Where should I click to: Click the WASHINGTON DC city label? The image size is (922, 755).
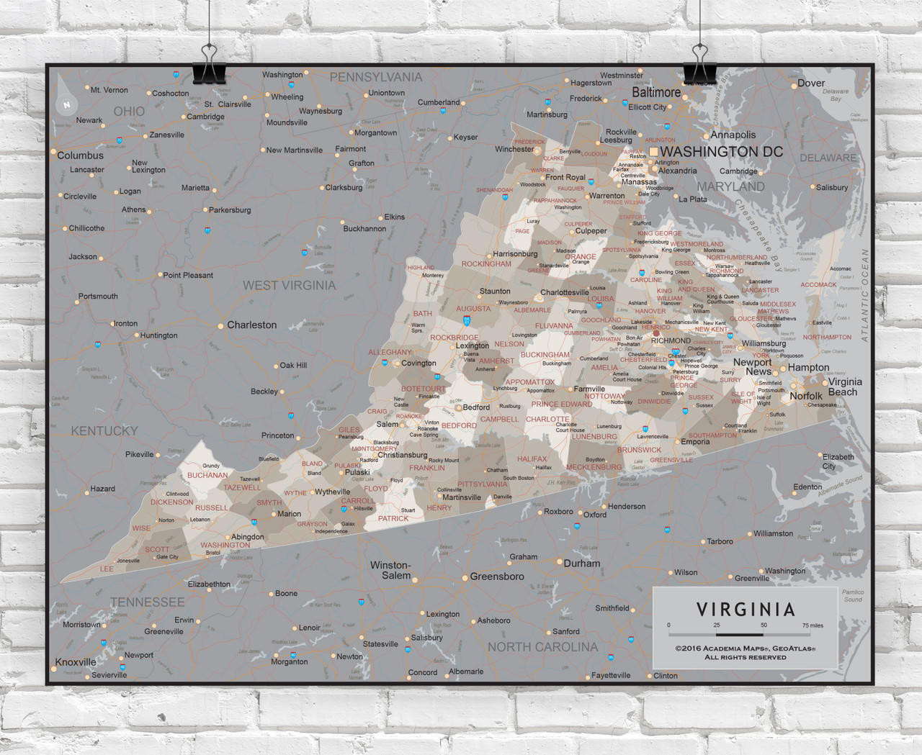720,152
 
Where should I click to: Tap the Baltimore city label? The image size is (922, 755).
656,93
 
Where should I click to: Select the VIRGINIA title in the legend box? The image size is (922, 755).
746,610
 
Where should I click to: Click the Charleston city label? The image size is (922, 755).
251,325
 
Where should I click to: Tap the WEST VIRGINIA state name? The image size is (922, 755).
289,286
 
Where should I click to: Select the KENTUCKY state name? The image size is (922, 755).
104,431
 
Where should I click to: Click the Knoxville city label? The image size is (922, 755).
76,662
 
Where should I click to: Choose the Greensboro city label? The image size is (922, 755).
497,577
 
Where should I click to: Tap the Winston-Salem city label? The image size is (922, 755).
390,570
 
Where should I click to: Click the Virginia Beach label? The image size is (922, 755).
844,387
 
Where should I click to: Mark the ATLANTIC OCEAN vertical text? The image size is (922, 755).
864,295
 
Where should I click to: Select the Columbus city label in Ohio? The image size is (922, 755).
80,155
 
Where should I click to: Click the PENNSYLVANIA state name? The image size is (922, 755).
375,77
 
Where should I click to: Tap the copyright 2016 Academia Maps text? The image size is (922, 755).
745,648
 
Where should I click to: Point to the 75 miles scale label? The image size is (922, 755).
813,625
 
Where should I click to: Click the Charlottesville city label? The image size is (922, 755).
564,292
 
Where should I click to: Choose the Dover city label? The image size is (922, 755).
811,83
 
